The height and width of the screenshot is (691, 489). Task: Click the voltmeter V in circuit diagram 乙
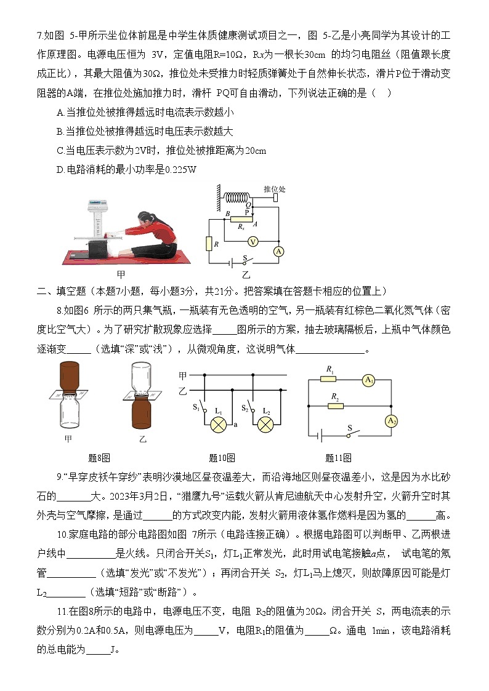[252, 242]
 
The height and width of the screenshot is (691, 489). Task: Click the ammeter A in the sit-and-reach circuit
[278, 251]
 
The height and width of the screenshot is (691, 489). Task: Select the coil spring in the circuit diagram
[238, 198]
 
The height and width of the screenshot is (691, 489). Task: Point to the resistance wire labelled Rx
[241, 220]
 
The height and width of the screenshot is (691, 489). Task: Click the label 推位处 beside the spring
[274, 188]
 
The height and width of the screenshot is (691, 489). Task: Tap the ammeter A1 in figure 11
[369, 381]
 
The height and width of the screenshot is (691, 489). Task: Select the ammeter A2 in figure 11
[390, 421]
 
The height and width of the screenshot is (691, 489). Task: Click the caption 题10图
[222, 458]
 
